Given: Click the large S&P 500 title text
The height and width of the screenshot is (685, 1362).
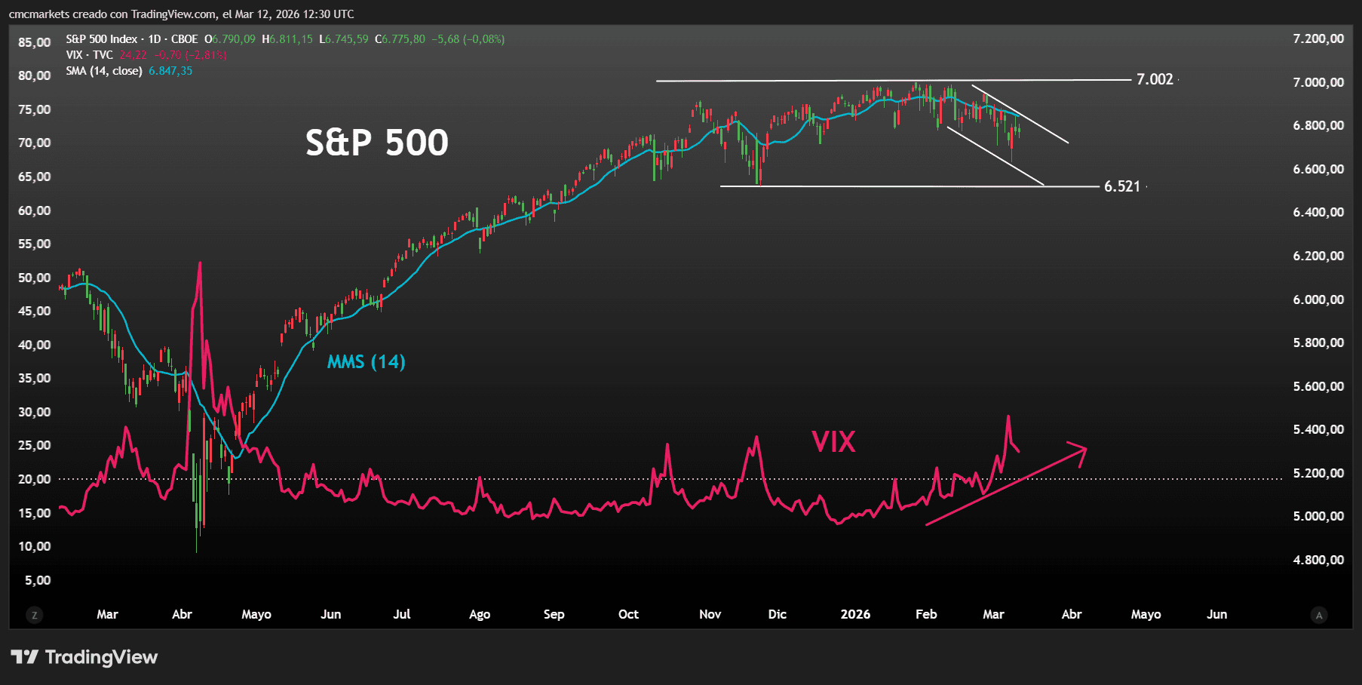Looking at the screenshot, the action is tap(376, 142).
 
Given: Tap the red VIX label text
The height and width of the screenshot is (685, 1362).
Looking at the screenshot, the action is tap(833, 441).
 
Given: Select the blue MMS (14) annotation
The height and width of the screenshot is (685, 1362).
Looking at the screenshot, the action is tap(366, 362).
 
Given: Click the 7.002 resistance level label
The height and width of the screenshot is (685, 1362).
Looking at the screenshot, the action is tap(1155, 79).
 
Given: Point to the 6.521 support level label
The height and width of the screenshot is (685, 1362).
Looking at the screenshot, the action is tap(1122, 186).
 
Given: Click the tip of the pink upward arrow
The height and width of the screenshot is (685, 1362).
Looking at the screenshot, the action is tap(1085, 449).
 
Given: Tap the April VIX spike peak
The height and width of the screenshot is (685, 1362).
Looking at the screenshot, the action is tap(200, 263).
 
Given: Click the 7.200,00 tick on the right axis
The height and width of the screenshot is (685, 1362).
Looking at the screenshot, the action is tap(1318, 38).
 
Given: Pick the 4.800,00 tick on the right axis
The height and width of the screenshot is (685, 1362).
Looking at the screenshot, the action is tap(1318, 560).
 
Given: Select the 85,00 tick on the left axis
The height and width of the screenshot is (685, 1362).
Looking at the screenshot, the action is tap(35, 42).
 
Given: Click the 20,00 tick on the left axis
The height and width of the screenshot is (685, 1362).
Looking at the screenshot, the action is tap(35, 479).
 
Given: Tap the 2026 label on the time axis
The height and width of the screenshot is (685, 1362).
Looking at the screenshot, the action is tap(855, 614).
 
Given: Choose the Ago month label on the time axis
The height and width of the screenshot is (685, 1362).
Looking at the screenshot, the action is tap(480, 614).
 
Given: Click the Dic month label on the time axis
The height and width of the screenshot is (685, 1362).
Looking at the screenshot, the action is tap(777, 614).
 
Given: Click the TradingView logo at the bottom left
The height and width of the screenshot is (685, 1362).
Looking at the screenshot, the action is tap(84, 657).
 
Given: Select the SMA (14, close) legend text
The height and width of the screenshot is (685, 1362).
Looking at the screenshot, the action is tap(104, 71).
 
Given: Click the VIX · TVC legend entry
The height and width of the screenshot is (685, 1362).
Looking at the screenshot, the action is tap(89, 55).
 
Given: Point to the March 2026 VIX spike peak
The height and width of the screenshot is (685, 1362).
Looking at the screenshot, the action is tap(1008, 416).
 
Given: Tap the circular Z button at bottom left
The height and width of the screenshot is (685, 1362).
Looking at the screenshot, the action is tap(34, 616).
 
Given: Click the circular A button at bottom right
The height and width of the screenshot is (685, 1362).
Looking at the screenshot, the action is tap(1319, 616).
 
